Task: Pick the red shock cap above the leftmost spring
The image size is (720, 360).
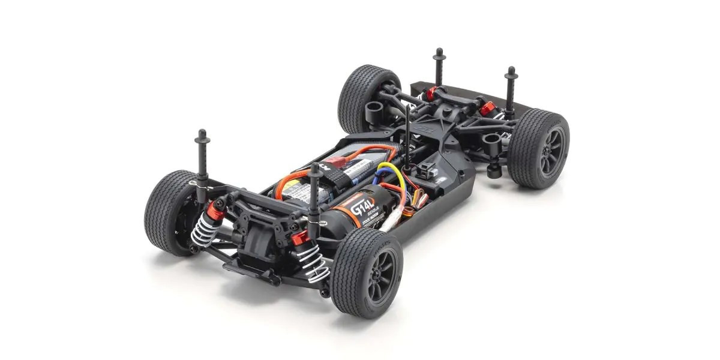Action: tap(215, 210)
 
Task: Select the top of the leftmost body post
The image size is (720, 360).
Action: tap(202, 134)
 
